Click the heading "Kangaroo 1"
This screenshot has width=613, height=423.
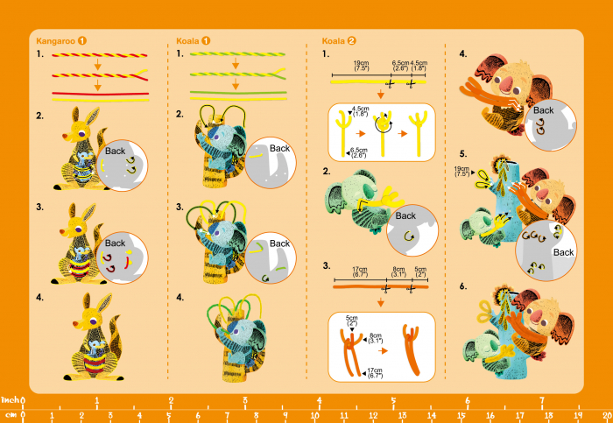[60, 40]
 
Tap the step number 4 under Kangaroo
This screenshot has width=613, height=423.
[40, 298]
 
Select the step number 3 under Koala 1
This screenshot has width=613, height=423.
[180, 208]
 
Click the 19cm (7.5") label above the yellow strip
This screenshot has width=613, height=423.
[361, 66]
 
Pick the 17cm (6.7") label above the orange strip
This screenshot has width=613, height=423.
[359, 272]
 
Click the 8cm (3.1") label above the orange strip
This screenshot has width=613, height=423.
[398, 272]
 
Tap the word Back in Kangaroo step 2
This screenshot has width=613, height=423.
[116, 151]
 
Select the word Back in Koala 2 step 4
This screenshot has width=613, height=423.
[544, 110]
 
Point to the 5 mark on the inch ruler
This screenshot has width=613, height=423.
[393, 401]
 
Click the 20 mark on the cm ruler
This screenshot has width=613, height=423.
[606, 415]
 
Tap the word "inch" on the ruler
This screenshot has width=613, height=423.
[11, 401]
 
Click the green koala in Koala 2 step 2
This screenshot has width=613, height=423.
[347, 196]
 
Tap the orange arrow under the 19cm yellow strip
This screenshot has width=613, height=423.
[382, 94]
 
